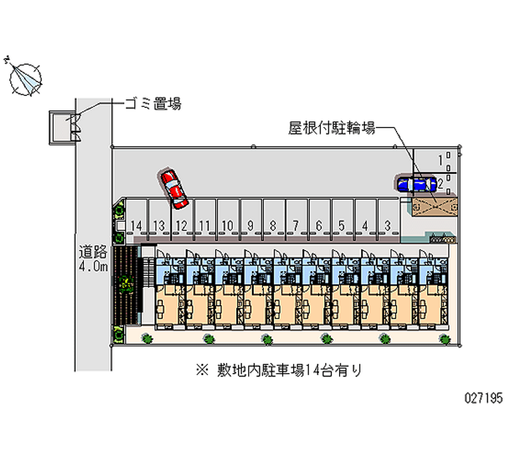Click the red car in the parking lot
tap(174, 188)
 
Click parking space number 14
tap(136, 225)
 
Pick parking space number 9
tap(251, 225)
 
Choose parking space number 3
tap(388, 225)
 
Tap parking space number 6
tap(319, 225)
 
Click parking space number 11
tap(204, 225)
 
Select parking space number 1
tap(440, 160)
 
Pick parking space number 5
tap(342, 225)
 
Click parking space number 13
tap(158, 225)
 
